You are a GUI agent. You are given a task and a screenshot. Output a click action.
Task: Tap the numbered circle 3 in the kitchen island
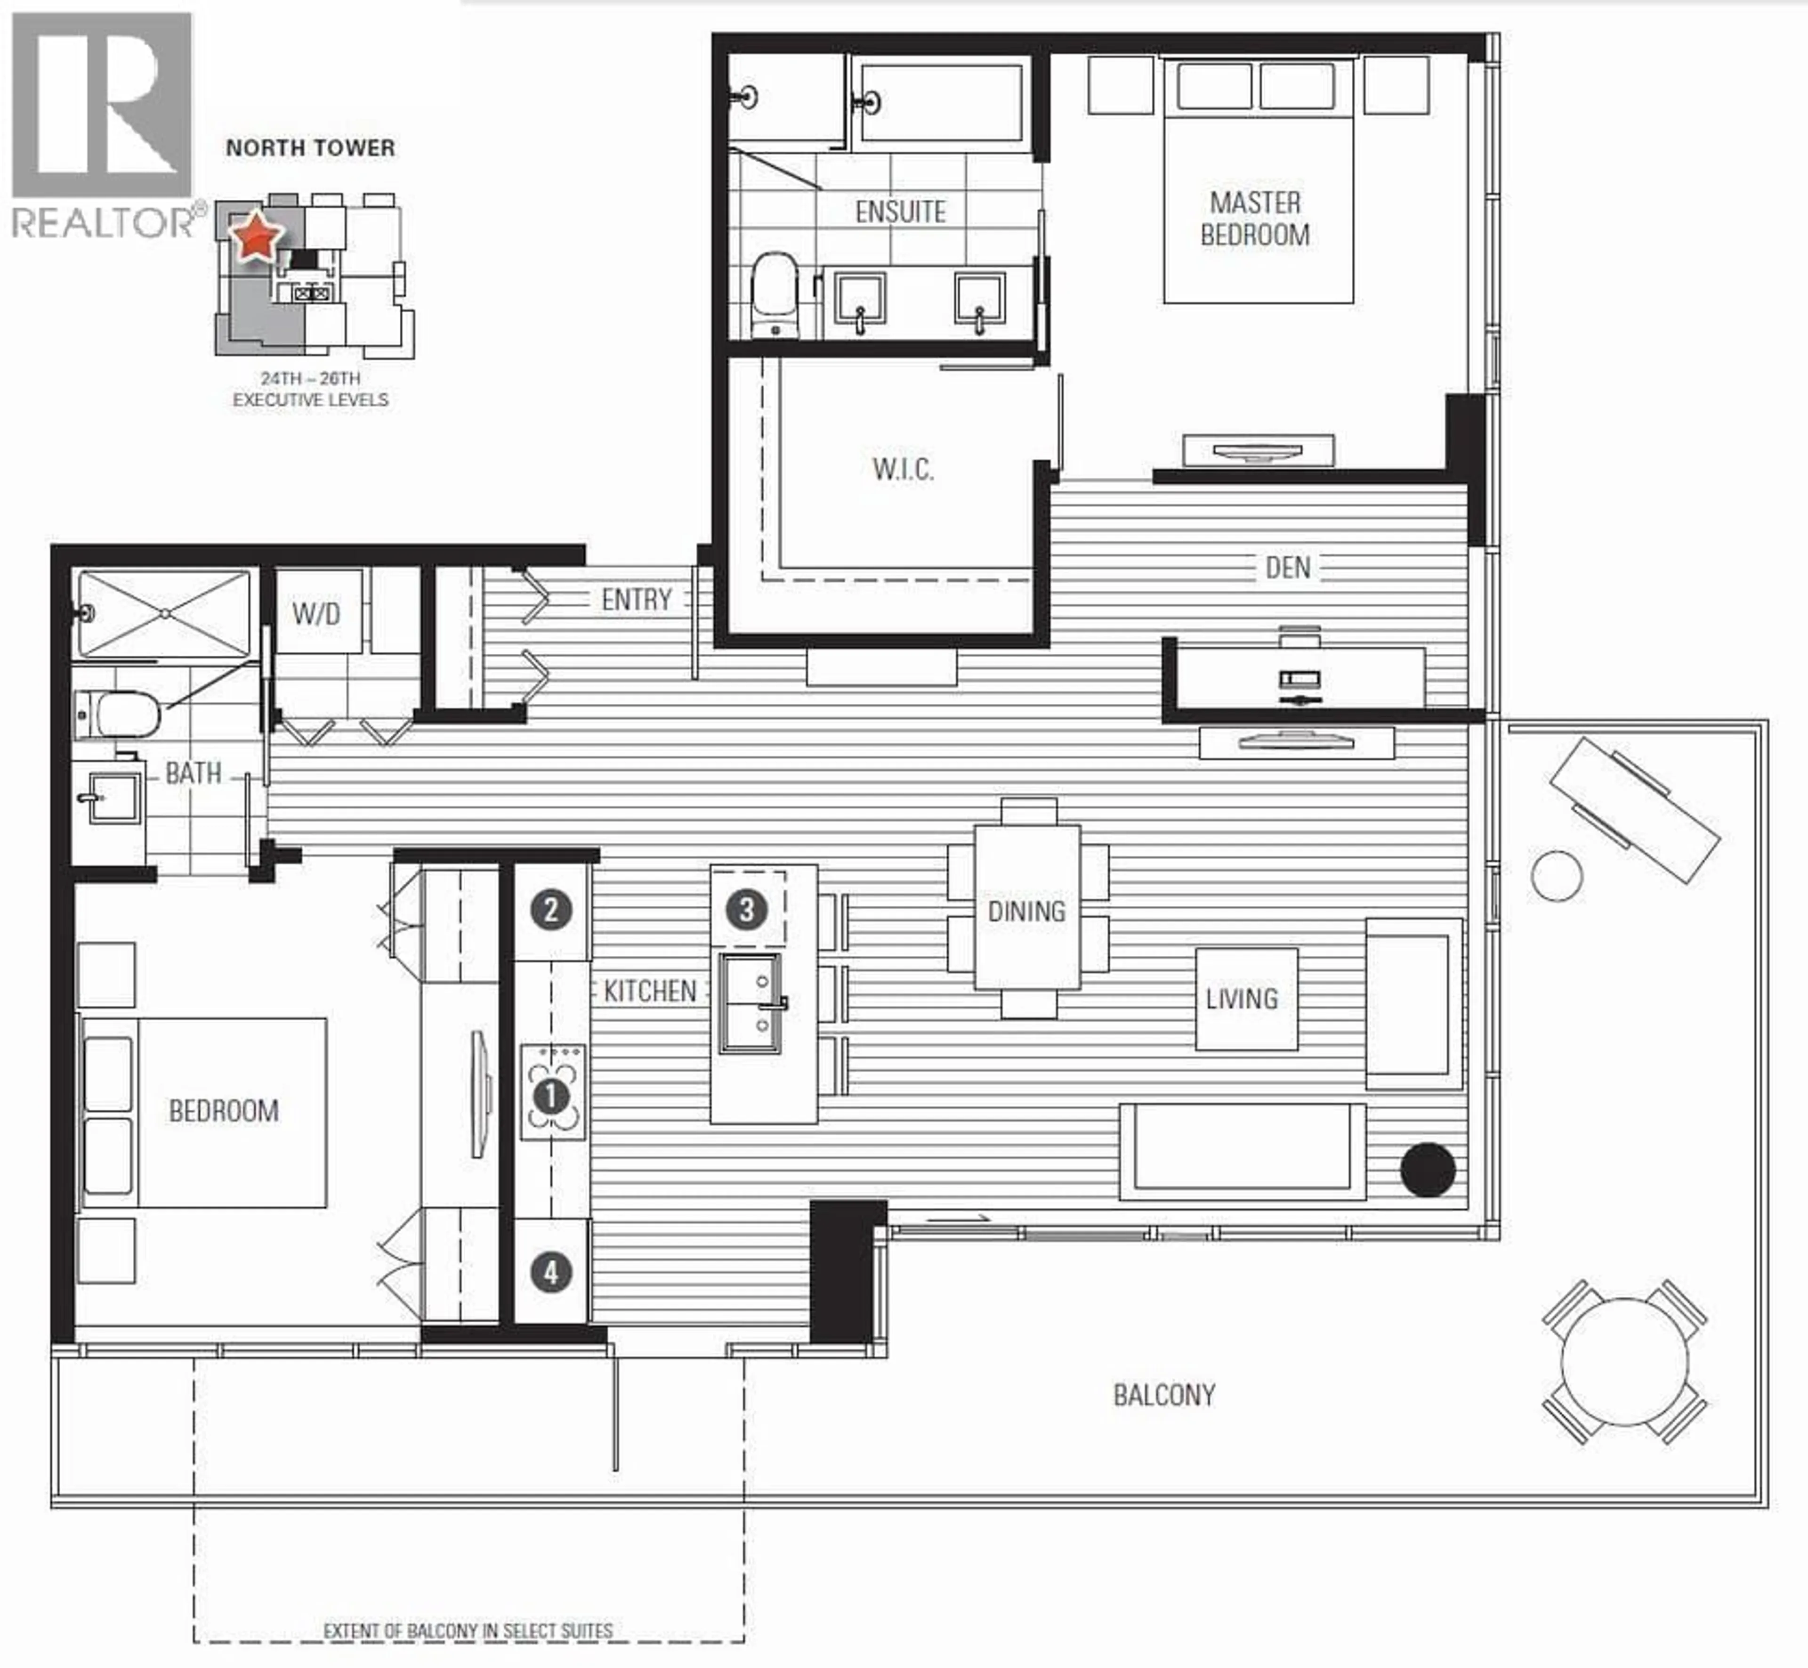(746, 910)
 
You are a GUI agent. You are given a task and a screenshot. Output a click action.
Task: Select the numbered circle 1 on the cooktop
(551, 1096)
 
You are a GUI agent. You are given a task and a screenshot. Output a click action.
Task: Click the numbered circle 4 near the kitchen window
(551, 1273)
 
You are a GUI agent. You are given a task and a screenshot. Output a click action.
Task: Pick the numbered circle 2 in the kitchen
(551, 910)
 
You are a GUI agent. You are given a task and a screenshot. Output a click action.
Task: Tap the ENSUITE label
(900, 212)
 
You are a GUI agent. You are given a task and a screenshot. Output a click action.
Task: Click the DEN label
(1287, 568)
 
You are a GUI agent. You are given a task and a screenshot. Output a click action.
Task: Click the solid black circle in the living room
(1427, 1170)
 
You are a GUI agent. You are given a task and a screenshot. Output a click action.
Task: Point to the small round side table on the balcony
(1556, 876)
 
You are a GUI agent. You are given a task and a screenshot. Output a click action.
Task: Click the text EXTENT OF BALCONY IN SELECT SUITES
(468, 1631)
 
